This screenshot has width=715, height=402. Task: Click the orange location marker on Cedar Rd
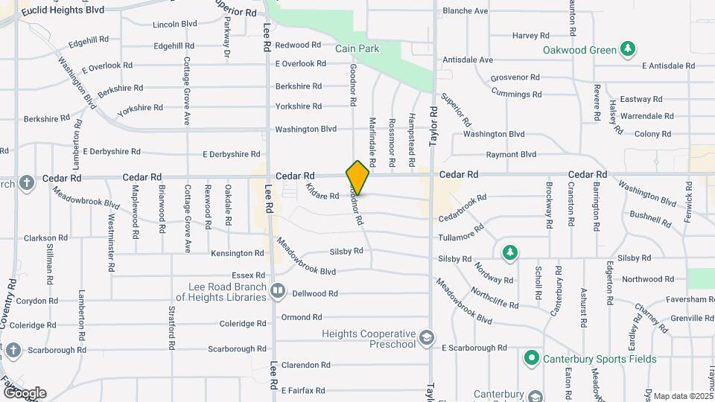357,177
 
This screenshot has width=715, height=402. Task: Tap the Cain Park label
357,49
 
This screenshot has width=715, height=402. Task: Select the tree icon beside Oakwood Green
629,49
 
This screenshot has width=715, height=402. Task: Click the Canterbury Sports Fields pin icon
531,359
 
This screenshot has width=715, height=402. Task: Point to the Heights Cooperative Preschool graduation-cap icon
426,339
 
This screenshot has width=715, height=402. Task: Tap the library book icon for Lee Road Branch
278,290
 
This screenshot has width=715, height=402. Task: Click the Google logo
24,393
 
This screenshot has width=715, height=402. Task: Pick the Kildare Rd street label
322,192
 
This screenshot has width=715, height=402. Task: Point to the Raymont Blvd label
511,155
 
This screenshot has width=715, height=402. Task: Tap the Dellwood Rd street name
315,293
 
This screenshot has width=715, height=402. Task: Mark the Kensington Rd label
238,253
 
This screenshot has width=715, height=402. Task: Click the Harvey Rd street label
530,35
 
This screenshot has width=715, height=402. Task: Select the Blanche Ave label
465,11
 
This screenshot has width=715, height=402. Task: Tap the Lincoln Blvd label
174,24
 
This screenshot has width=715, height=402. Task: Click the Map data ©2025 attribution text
684,396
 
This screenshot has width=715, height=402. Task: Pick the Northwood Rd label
647,279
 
